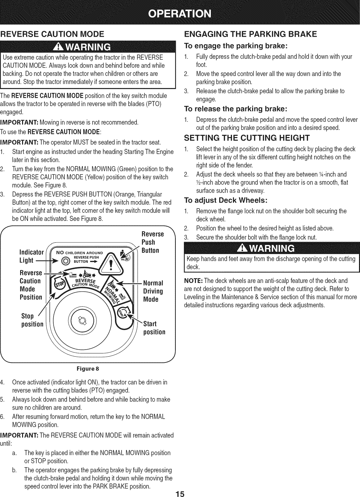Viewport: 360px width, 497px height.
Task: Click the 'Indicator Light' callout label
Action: [x=32, y=256]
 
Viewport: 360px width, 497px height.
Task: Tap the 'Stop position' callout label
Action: [x=32, y=320]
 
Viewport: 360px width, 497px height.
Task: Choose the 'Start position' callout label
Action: [x=154, y=328]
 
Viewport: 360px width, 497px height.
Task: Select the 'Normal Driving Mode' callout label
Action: [x=153, y=291]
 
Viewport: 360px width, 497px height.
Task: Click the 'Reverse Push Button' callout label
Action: [x=152, y=242]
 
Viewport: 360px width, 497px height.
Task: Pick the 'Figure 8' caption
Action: [x=87, y=369]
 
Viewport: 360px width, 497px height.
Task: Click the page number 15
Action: [x=180, y=494]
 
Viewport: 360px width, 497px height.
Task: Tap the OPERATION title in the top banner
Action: [x=180, y=14]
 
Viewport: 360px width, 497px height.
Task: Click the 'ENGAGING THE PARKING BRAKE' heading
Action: [x=250, y=34]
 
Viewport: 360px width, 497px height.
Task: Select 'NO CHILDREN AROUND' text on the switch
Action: [x=80, y=253]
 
